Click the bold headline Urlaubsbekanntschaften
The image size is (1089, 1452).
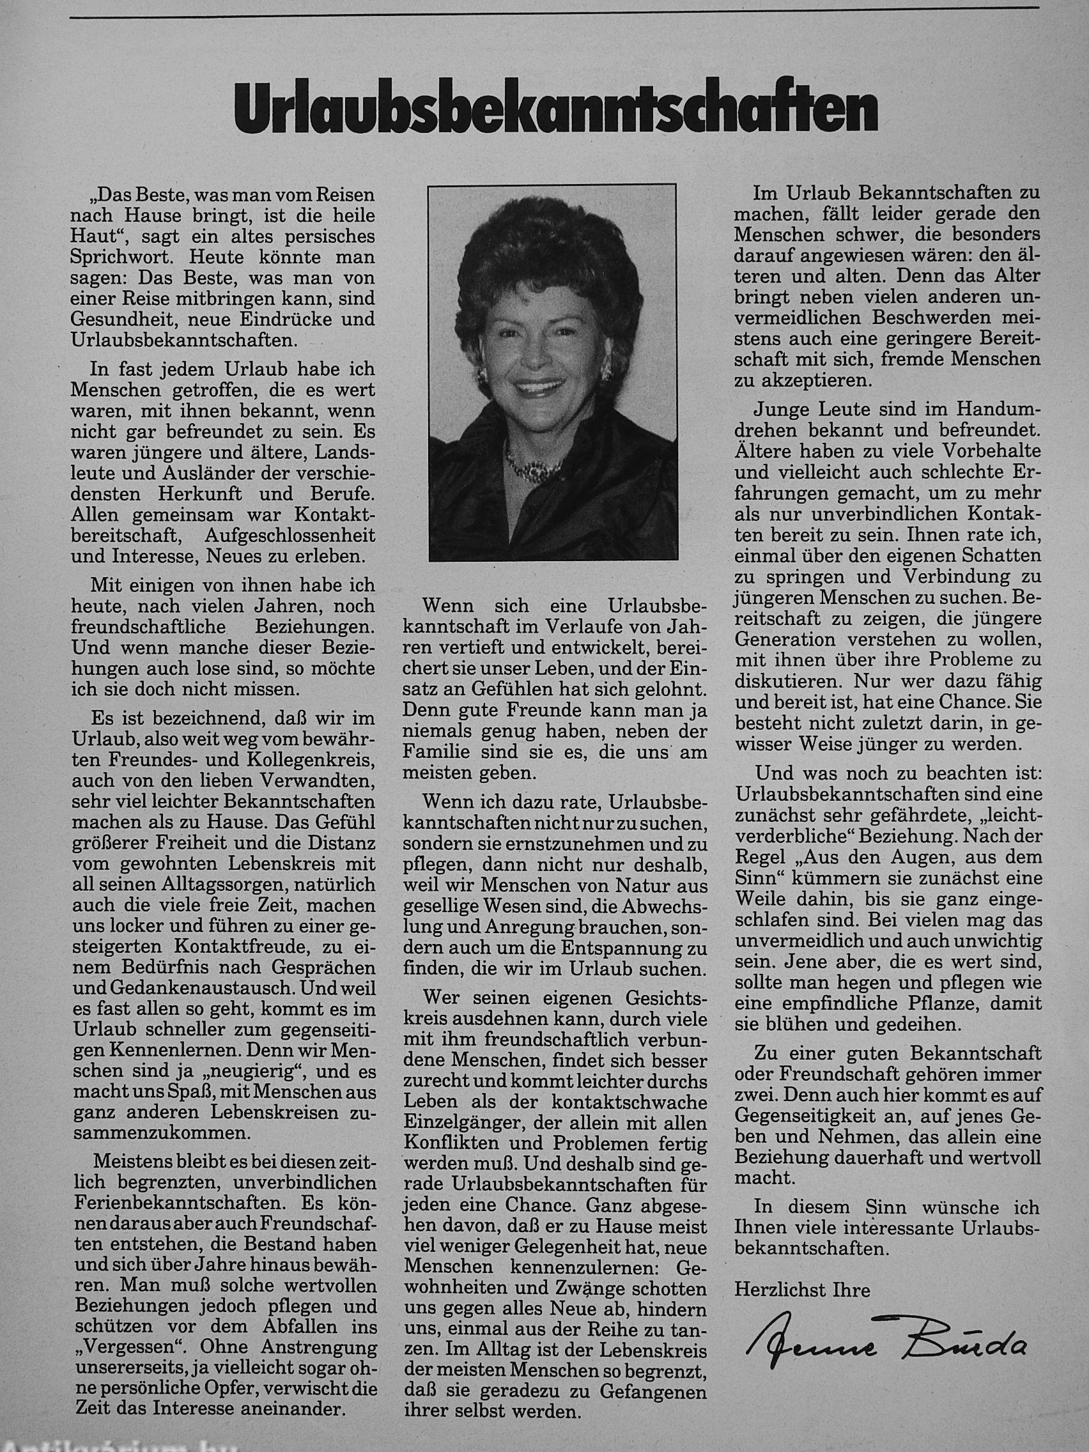click(555, 110)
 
